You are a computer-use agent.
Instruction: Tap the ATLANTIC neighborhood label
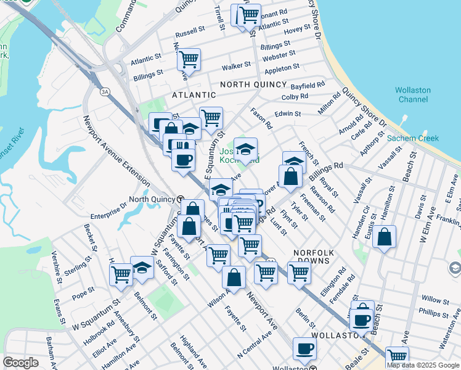tap(194, 95)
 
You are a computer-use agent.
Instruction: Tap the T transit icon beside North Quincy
tap(179, 199)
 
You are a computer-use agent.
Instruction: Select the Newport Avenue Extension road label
tap(116, 151)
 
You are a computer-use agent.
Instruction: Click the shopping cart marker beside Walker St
tap(189, 60)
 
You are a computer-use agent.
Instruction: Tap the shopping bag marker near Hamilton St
tap(384, 237)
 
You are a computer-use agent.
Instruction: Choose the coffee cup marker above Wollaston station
tap(304, 348)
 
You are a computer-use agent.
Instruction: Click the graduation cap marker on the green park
tap(245, 149)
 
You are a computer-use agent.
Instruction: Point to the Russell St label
tap(190, 30)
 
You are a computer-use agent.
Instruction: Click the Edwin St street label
tap(288, 113)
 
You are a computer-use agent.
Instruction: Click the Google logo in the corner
tap(21, 362)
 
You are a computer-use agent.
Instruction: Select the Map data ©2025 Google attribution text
tap(422, 365)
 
